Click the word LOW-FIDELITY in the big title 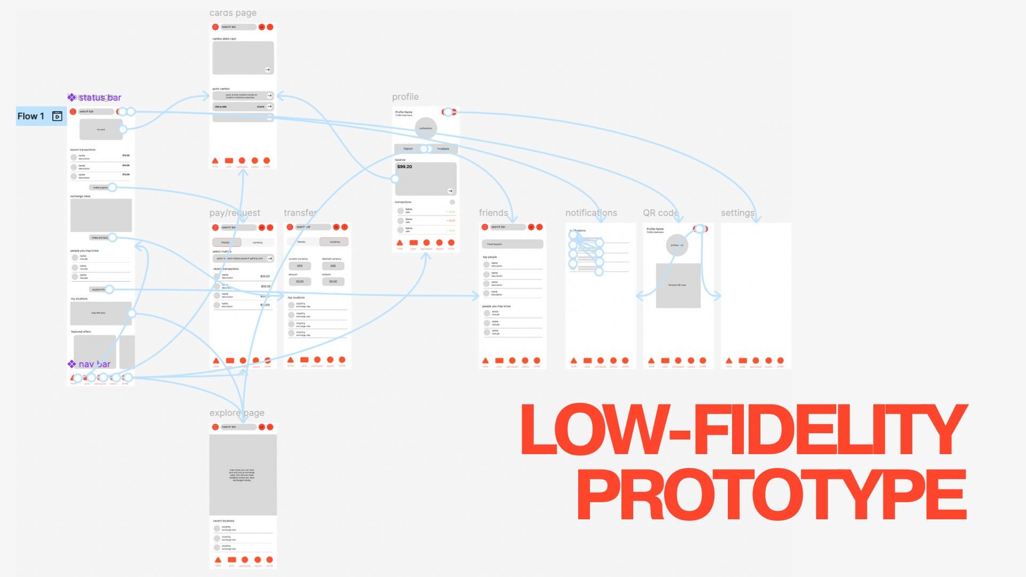(x=743, y=430)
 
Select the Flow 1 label (x=31, y=116)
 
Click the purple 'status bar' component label (x=99, y=97)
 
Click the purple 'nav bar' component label (x=94, y=364)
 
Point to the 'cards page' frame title (x=233, y=13)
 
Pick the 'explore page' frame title (x=237, y=413)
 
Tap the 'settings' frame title (x=737, y=213)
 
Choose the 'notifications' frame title (x=591, y=213)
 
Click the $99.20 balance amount (x=405, y=167)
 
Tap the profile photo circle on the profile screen (x=426, y=128)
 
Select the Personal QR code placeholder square (x=678, y=285)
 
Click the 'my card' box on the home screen (x=100, y=129)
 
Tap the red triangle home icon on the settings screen (x=729, y=361)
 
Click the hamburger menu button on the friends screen (x=485, y=227)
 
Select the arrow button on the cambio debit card (x=268, y=69)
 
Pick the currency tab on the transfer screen (x=335, y=242)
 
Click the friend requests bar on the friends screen (x=512, y=244)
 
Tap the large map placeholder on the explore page (x=243, y=474)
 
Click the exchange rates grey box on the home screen (x=101, y=215)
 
